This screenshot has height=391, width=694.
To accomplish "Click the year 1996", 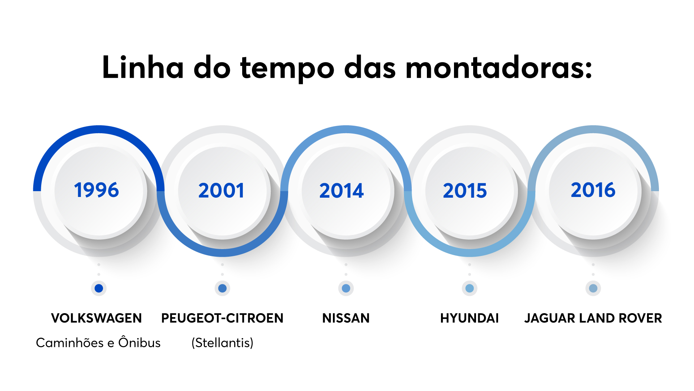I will [x=97, y=190].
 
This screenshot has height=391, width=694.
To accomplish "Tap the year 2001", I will [x=221, y=190].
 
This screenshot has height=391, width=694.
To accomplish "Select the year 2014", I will [x=342, y=190].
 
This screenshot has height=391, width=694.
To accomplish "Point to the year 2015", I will [x=465, y=190].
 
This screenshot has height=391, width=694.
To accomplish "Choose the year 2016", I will [x=593, y=190].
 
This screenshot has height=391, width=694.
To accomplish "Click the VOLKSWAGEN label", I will [x=97, y=318].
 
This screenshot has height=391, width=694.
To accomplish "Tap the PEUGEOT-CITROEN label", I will [x=222, y=318].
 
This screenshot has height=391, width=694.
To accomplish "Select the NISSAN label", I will [x=346, y=318].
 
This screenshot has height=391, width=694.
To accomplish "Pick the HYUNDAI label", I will [x=470, y=318].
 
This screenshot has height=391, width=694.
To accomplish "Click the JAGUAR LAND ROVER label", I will [x=593, y=318].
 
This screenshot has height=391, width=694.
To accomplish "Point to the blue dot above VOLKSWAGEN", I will [x=99, y=288].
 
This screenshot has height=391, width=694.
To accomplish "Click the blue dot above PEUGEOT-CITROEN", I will [x=222, y=288].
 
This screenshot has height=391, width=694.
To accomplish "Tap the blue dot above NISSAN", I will [x=346, y=288].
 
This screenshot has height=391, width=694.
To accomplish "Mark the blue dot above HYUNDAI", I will [x=470, y=288].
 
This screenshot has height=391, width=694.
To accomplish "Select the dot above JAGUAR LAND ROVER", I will [x=593, y=288].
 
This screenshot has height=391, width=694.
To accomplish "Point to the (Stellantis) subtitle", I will [x=222, y=342].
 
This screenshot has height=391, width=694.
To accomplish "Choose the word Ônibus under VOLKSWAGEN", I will [x=140, y=342].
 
